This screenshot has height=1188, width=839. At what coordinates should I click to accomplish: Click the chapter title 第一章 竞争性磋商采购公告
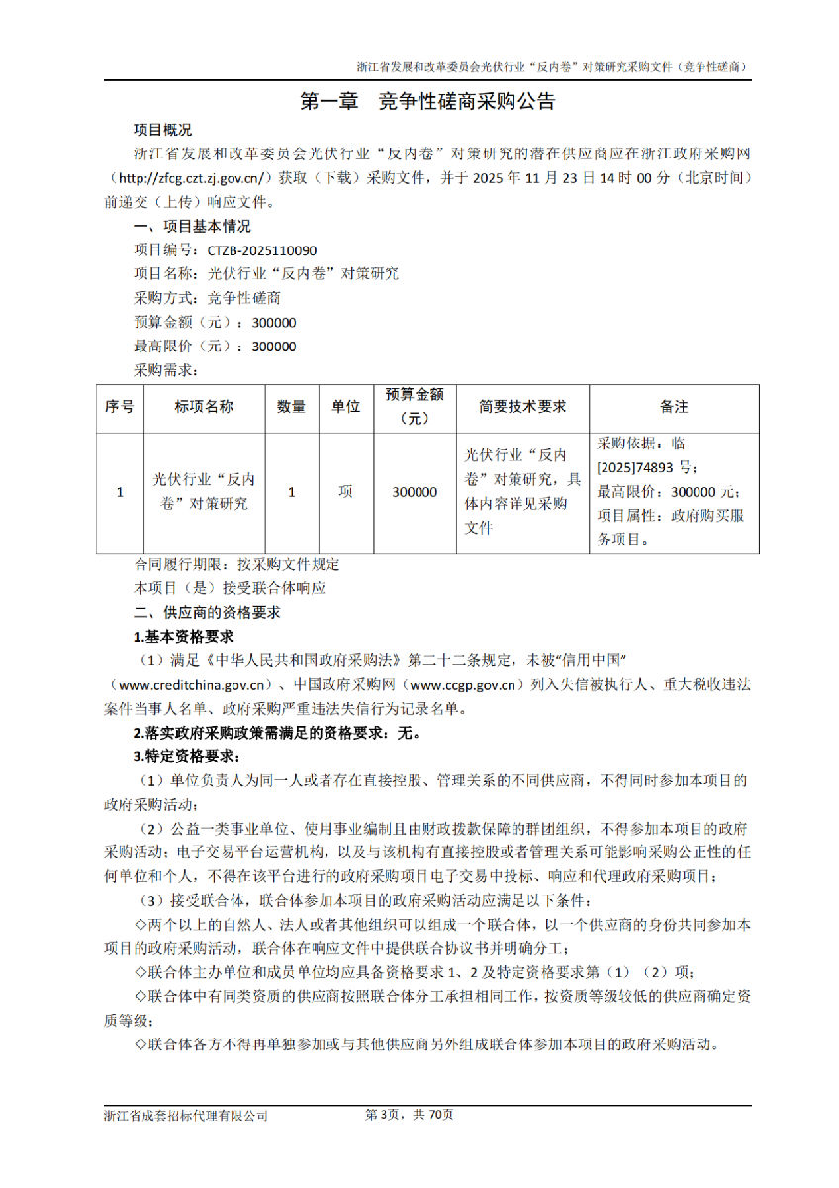426,101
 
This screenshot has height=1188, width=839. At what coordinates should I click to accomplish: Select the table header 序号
120,407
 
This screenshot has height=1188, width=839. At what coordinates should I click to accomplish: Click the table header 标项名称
204,407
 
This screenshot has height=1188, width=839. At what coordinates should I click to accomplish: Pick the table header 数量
291,407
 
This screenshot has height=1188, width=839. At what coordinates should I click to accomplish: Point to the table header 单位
345,407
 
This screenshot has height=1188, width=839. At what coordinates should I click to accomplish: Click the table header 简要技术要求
522,407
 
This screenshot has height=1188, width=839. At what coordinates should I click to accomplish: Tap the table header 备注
674,407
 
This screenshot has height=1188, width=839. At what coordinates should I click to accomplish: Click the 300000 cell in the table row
415,492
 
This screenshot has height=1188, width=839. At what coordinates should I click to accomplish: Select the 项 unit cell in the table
345,492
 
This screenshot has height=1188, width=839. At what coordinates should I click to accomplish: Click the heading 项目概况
163,130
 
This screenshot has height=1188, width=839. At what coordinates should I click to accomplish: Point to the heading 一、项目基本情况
192,227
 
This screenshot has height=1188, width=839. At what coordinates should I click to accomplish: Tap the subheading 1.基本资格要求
184,637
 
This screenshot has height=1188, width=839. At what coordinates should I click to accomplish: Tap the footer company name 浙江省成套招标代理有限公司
186,1115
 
